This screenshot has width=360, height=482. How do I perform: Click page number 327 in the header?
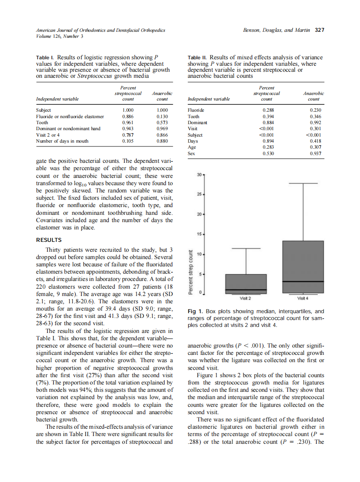tap(319, 30)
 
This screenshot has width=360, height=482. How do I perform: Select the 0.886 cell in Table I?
tap(128, 116)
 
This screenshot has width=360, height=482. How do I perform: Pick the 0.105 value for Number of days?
tap(128, 140)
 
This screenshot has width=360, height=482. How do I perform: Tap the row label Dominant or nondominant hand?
tap(68, 128)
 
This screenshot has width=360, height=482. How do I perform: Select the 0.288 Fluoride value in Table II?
tap(268, 110)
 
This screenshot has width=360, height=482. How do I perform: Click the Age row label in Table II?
tap(192, 146)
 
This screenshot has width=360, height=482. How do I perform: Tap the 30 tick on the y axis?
tap(199, 175)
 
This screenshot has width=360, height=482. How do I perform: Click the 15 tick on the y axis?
tap(199, 235)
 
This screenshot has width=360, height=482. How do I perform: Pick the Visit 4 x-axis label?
tap(302, 299)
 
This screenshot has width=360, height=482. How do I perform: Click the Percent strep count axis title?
tap(191, 272)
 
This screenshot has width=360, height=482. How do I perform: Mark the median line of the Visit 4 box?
tap(302, 281)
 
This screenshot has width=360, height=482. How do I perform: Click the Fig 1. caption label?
tap(195, 311)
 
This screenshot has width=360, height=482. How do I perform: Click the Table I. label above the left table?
tap(44, 58)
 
